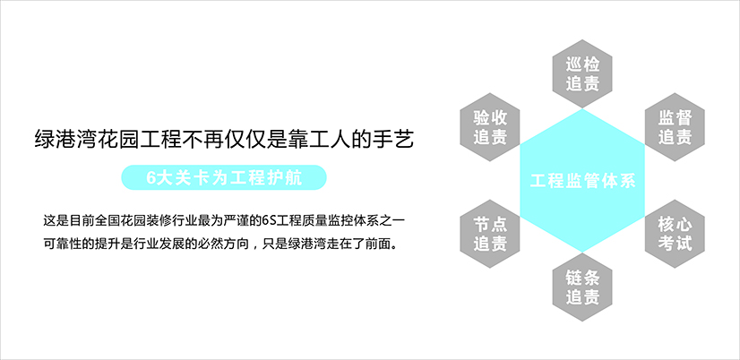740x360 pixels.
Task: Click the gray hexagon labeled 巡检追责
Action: click(582, 73)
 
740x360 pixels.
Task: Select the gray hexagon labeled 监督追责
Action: click(675, 127)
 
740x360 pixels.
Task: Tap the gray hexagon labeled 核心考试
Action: click(675, 234)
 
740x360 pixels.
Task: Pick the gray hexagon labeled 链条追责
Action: click(582, 287)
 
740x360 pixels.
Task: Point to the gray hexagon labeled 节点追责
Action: click(490, 234)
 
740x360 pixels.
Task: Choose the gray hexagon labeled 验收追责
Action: click(490, 127)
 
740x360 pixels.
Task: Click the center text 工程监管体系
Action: click(583, 181)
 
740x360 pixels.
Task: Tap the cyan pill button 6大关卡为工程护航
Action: click(224, 177)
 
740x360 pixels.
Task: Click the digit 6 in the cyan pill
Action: click(151, 178)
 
